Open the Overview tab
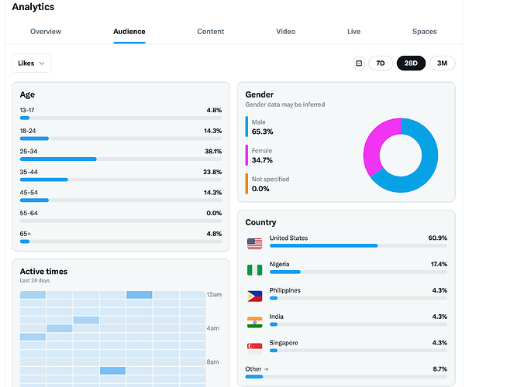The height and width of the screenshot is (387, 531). tap(46, 32)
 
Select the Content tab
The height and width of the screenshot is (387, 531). tap(211, 32)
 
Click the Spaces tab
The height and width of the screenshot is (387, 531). tap(424, 32)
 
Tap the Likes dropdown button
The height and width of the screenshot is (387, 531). tap(32, 63)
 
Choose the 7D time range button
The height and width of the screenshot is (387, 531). tap(381, 63)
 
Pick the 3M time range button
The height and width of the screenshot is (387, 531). tap(442, 63)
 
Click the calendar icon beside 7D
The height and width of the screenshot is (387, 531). tap(359, 63)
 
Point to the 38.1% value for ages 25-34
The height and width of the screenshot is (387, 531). tap(213, 152)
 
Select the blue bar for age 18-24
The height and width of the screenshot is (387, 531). tap(34, 139)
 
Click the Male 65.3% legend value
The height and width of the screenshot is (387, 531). tap(262, 132)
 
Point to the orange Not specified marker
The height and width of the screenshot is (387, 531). tap(247, 183)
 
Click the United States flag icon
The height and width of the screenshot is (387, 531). tap(254, 244)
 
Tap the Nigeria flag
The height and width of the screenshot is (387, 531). tap(254, 269)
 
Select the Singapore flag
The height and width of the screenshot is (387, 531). tap(254, 348)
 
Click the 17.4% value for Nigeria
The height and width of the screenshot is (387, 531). tap(438, 264)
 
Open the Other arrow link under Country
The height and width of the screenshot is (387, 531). tap(257, 369)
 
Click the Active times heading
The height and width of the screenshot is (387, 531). tap(43, 272)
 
